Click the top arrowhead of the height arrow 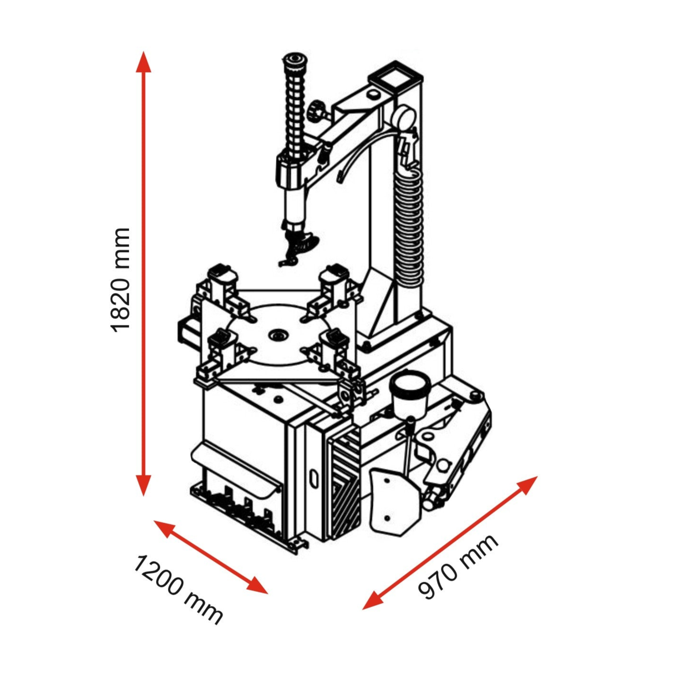(144, 62)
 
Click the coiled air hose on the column (409, 224)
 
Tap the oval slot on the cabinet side (314, 478)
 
